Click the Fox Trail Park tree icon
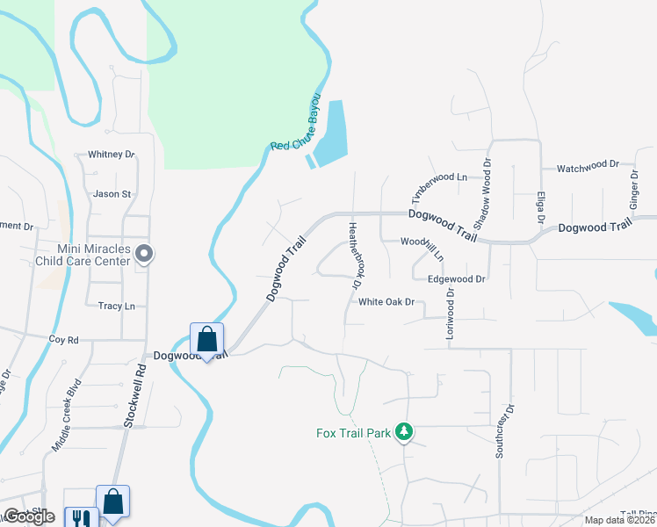[404, 431]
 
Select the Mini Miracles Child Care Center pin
[146, 255]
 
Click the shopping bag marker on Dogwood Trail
[206, 339]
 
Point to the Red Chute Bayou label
[296, 133]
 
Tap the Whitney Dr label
[112, 155]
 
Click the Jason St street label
[112, 194]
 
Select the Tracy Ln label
[116, 306]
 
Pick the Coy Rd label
[64, 339]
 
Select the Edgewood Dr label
[456, 278]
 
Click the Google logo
[28, 516]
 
